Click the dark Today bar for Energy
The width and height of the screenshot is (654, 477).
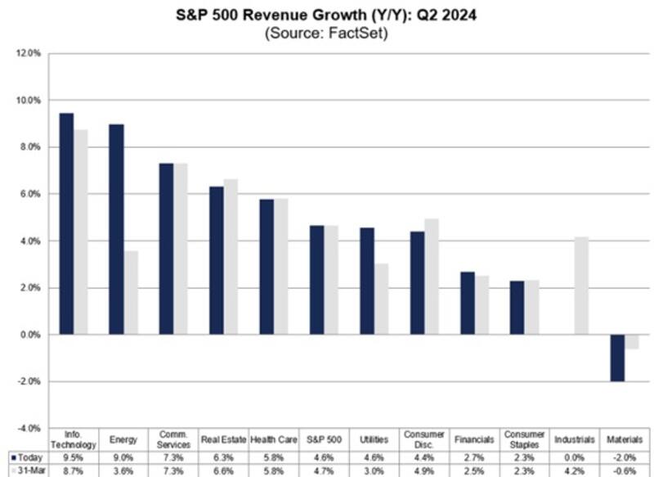pos(117,229)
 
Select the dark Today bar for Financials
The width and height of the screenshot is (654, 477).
pos(468,303)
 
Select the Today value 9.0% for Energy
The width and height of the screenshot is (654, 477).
pos(124,457)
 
